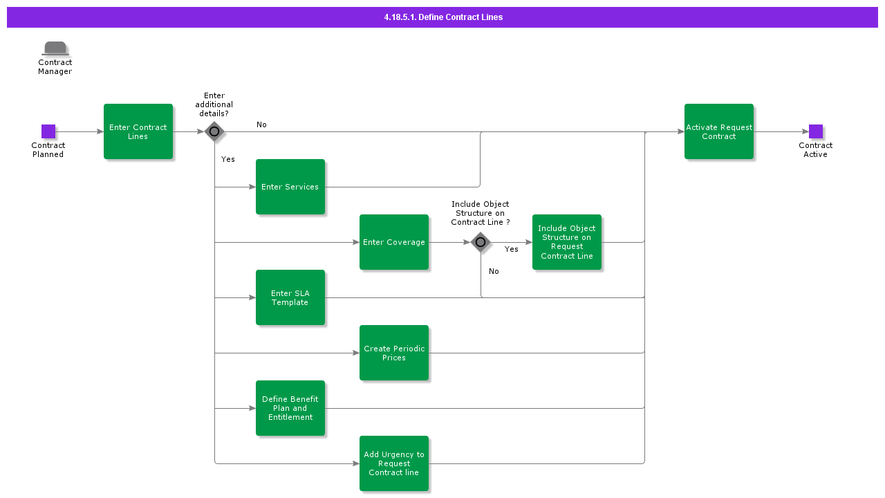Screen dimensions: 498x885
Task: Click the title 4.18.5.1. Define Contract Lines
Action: click(442, 17)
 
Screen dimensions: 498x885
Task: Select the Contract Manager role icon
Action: click(55, 48)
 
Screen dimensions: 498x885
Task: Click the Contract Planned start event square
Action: click(48, 131)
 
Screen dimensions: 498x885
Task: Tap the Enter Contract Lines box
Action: click(138, 131)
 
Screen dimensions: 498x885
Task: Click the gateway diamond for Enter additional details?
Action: click(214, 131)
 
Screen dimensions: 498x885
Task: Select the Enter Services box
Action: click(290, 187)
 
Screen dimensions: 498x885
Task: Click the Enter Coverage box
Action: click(394, 242)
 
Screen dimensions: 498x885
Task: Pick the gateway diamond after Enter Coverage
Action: click(481, 242)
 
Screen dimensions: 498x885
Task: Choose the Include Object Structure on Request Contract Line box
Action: click(567, 242)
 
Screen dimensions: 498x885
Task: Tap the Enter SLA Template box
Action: click(290, 297)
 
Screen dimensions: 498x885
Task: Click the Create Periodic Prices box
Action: click(394, 353)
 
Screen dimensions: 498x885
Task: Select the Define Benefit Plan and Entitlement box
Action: click(290, 408)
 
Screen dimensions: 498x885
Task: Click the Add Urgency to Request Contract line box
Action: click(394, 463)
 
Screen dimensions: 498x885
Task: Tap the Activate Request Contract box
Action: click(719, 131)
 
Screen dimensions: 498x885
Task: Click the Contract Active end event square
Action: click(816, 131)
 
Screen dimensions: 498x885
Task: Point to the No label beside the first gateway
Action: click(261, 125)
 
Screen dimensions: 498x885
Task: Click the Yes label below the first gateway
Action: click(228, 160)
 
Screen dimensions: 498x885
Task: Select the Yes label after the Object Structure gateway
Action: click(512, 250)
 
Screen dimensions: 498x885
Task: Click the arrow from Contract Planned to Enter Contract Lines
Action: click(80, 131)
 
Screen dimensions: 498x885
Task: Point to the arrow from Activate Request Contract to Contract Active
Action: click(781, 131)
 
